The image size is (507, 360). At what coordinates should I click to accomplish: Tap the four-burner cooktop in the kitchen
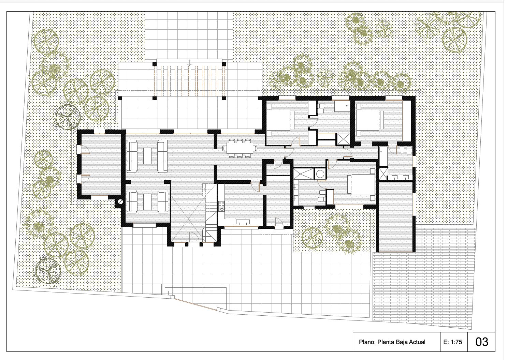(x=221, y=206)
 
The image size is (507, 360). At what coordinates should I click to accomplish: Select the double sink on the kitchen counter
(x=243, y=222)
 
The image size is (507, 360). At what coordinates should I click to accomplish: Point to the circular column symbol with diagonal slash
(x=120, y=202)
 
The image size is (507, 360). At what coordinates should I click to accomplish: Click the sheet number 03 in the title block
(x=482, y=342)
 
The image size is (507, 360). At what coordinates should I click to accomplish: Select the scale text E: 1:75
(x=453, y=342)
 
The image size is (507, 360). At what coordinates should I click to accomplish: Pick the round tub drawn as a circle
(x=320, y=174)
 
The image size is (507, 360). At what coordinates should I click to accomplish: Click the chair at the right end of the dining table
(x=256, y=148)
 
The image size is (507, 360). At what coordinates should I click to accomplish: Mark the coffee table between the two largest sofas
(x=147, y=156)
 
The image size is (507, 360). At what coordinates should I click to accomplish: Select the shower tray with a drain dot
(x=342, y=106)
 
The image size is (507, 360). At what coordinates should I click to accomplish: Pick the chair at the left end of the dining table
(x=224, y=148)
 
